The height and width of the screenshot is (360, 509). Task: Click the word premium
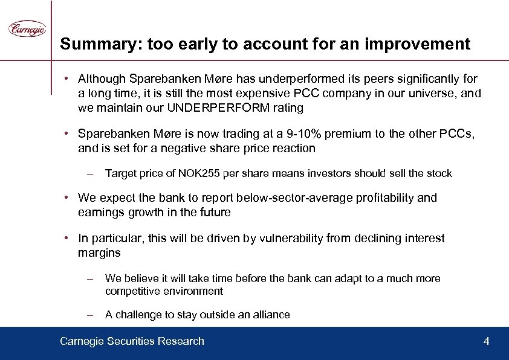[346, 133]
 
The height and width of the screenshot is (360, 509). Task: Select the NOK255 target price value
[195, 174]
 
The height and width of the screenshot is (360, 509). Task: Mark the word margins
[100, 253]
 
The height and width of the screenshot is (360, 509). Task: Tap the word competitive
[131, 292]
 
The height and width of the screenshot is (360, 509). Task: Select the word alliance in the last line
[269, 315]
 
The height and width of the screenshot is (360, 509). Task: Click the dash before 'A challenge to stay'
[89, 315]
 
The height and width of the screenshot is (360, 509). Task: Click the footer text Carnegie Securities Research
[132, 342]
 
